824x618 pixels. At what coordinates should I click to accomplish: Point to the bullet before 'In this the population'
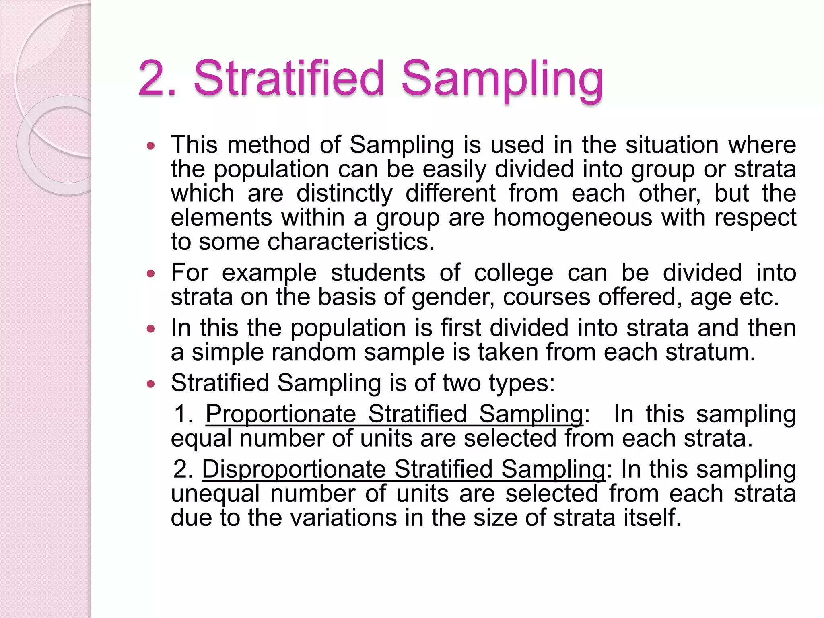click(x=150, y=329)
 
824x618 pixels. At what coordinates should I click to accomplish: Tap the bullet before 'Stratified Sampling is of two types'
click(x=150, y=384)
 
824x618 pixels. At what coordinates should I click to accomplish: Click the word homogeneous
click(x=573, y=218)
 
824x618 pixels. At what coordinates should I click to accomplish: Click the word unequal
click(x=215, y=494)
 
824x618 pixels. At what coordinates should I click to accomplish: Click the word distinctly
click(x=344, y=194)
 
